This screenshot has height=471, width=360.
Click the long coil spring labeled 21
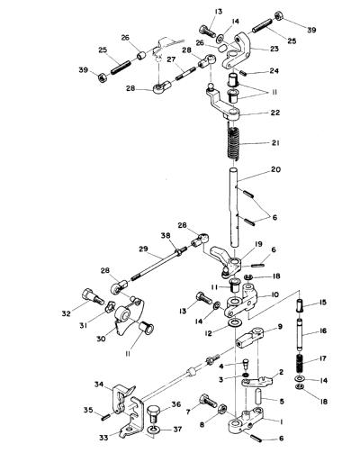tap(233, 143)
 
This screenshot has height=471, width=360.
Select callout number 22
tap(275, 113)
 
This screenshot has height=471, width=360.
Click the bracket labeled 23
tap(238, 51)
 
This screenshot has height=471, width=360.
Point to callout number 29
tap(143, 249)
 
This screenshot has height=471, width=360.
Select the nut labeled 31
tap(110, 306)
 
